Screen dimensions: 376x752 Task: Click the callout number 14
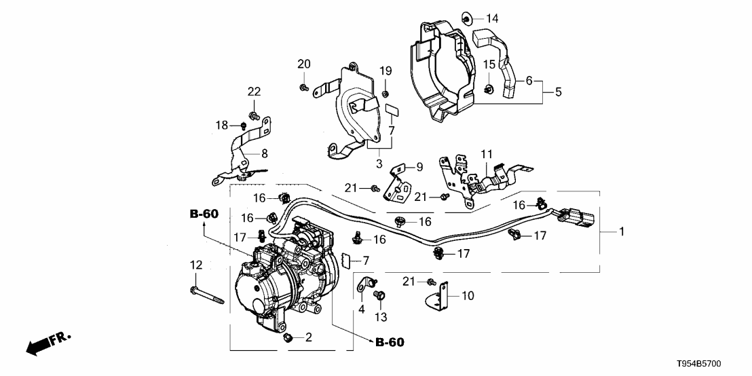491,18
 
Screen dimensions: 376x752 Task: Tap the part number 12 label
195,264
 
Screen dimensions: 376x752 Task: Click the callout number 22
254,92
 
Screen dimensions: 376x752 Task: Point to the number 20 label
303,64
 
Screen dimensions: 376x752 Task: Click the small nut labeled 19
385,93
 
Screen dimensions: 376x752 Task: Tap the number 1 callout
621,231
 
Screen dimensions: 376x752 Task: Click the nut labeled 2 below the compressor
288,337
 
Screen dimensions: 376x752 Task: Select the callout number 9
419,166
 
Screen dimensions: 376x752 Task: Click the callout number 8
264,153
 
